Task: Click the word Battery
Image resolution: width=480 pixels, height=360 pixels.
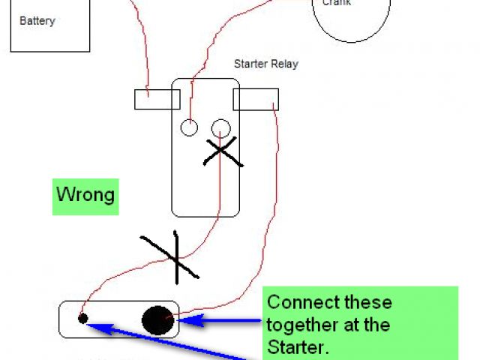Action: pyautogui.click(x=37, y=21)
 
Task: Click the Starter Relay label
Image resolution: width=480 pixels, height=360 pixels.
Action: pyautogui.click(x=265, y=64)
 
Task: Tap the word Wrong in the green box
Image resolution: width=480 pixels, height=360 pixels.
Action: pyautogui.click(x=85, y=196)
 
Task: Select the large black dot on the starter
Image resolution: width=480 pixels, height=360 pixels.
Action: pyautogui.click(x=157, y=320)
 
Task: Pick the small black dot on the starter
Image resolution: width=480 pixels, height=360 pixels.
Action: pyautogui.click(x=83, y=319)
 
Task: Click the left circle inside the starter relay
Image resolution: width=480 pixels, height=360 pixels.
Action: pyautogui.click(x=189, y=128)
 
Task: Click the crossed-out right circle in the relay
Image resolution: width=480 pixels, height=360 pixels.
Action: pyautogui.click(x=221, y=128)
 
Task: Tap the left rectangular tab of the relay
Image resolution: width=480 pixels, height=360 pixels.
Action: pyautogui.click(x=157, y=99)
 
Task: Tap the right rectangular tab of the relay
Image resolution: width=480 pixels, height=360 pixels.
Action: pyautogui.click(x=256, y=99)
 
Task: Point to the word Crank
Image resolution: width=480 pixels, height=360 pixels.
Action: pyautogui.click(x=337, y=3)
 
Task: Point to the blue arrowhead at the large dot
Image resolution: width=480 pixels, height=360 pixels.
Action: pyautogui.click(x=183, y=320)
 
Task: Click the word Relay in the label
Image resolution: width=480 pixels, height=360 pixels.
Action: pyautogui.click(x=285, y=64)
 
